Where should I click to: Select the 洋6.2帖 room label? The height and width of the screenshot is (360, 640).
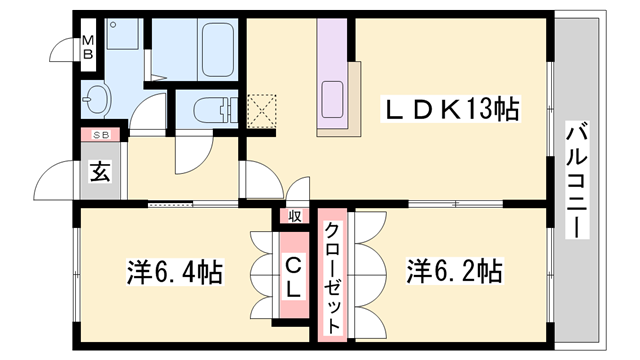(453, 271)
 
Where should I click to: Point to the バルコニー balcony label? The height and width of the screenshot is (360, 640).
(576, 180)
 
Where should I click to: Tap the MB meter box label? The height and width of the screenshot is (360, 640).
(87, 47)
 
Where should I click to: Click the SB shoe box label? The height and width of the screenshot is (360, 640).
(100, 134)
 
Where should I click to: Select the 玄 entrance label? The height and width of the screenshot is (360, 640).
(101, 169)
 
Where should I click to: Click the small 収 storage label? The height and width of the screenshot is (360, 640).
(295, 215)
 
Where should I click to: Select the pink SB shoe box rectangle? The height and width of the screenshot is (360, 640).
(100, 134)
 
